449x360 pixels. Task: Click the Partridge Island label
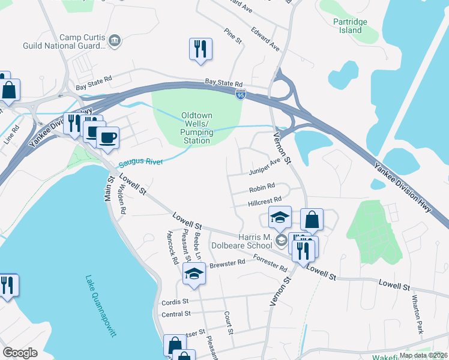347,26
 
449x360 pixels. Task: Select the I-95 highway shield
240,95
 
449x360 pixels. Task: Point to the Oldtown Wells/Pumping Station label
197,128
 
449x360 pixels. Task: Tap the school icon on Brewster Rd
194,274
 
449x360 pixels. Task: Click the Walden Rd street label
122,200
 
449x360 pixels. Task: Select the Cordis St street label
175,301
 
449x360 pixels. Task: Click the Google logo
20,353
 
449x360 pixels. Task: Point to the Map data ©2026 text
423,355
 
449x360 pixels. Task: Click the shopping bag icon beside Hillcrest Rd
312,220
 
